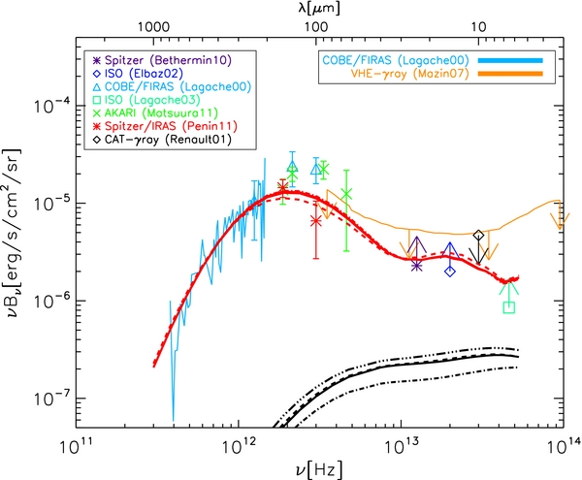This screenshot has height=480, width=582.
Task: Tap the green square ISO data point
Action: tap(509, 307)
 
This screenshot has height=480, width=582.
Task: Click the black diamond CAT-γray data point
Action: tap(478, 235)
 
